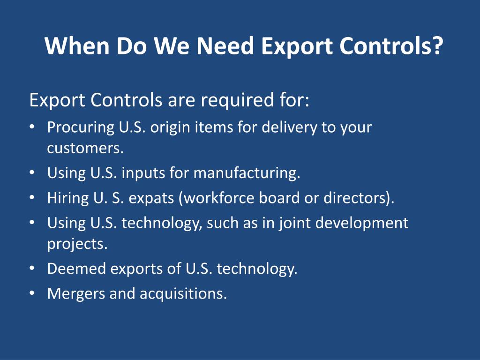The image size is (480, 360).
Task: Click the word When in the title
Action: point(76,46)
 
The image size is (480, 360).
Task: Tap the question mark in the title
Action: point(436,46)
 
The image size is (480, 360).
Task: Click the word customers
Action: point(85,149)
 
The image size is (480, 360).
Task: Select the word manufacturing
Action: point(246,173)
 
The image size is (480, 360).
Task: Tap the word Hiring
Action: point(65,198)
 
